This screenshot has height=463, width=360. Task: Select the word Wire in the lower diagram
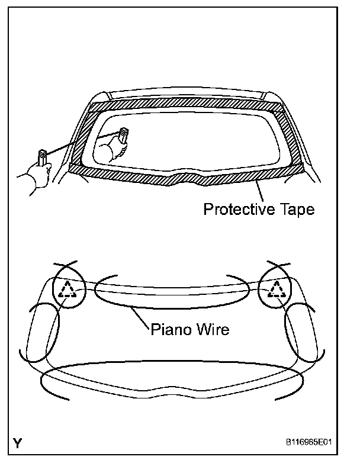coord(212,328)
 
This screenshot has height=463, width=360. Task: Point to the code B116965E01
coord(314,441)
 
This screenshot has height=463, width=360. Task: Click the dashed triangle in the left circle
coord(69,290)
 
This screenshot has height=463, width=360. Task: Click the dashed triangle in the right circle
coord(276,290)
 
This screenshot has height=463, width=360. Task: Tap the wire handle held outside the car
coord(43,158)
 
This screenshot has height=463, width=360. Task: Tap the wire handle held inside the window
coord(123,134)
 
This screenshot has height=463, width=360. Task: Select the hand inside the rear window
coord(110,150)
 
